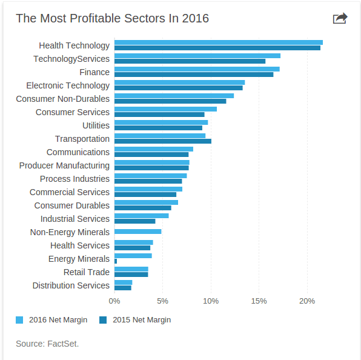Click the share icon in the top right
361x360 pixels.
click(340, 18)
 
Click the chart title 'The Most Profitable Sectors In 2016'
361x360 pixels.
click(112, 18)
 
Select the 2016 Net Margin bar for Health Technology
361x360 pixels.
click(218, 42)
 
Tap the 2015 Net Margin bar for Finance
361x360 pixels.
click(193, 75)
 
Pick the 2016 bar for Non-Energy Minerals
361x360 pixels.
click(137, 232)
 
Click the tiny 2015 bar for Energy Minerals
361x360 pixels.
click(116, 261)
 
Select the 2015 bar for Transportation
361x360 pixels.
click(162, 141)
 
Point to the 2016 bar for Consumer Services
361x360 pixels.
click(165, 109)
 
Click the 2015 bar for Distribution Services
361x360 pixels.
click(122, 288)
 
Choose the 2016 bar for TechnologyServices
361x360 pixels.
click(197, 56)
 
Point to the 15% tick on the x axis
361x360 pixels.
click(259, 301)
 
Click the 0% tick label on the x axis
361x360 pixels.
click(114, 301)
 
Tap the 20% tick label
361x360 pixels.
click(307, 301)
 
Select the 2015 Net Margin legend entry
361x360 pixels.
click(134, 320)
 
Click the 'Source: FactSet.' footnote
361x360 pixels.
click(47, 344)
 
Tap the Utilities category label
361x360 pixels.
click(96, 125)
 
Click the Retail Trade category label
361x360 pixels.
click(87, 272)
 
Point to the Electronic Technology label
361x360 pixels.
click(68, 85)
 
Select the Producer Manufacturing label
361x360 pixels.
click(64, 165)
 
